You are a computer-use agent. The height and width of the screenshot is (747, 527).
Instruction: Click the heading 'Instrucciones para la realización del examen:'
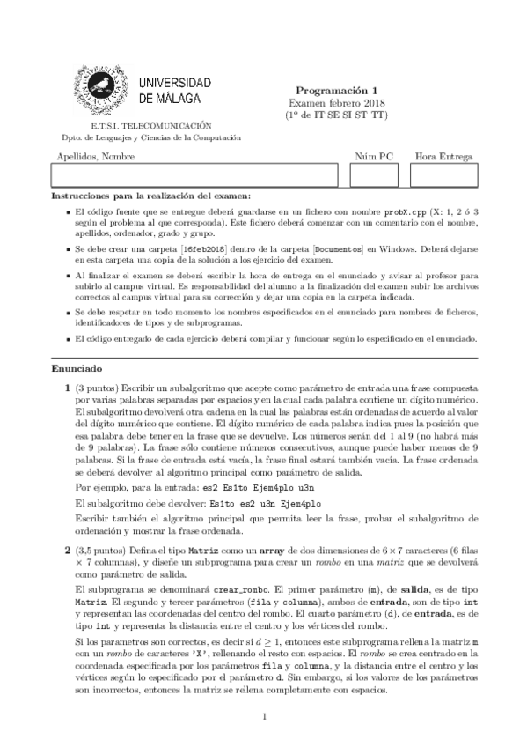click(151, 195)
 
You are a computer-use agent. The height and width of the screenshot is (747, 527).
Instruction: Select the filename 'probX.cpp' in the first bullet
click(406, 213)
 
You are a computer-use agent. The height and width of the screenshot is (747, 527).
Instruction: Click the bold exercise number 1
click(57, 388)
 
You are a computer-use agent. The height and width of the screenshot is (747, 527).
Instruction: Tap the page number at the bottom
click(264, 717)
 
